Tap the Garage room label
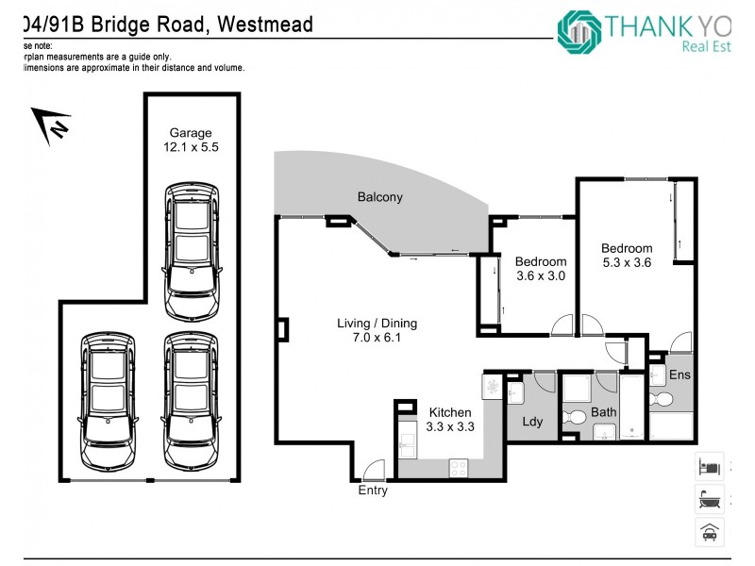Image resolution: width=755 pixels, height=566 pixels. (191, 133)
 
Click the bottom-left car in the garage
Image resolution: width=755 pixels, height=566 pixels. (109, 400)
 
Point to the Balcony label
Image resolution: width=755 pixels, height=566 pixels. (379, 197)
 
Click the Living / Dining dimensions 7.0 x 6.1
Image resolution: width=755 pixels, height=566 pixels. (377, 338)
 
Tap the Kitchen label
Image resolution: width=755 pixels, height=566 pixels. (449, 412)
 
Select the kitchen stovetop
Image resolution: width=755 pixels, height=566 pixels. (460, 466)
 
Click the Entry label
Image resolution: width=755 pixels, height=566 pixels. (373, 491)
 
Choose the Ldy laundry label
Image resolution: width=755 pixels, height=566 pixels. (532, 422)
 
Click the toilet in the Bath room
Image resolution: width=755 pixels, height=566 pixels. (572, 417)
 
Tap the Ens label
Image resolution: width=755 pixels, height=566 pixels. (679, 375)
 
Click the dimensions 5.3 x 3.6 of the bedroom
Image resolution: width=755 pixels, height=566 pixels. (627, 263)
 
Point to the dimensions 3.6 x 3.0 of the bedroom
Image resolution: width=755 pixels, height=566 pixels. (541, 276)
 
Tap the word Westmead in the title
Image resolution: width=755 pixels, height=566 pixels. (265, 23)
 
